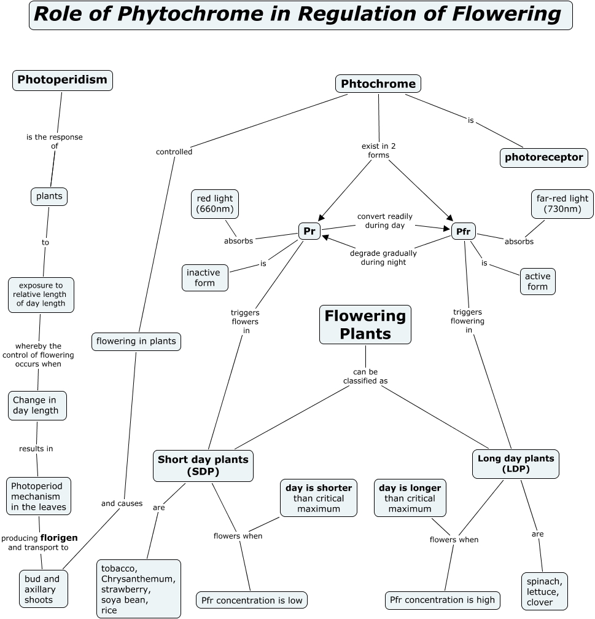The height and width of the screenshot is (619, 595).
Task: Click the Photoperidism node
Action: click(x=63, y=80)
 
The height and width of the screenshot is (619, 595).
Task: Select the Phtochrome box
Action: click(x=378, y=84)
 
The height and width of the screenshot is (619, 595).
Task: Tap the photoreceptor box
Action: click(x=544, y=157)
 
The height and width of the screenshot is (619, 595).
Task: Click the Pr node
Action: click(x=309, y=231)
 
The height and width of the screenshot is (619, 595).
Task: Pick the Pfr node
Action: click(x=464, y=232)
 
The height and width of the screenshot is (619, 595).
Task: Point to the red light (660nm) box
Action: click(x=215, y=204)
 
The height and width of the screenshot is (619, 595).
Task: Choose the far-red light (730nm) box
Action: click(x=562, y=204)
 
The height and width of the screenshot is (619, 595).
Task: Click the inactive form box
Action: click(x=204, y=278)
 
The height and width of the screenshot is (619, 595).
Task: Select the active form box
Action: click(x=537, y=282)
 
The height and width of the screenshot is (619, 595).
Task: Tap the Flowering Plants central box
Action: click(x=365, y=325)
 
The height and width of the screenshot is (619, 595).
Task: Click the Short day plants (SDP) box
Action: click(x=203, y=465)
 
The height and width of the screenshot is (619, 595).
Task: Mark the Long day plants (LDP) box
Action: click(x=516, y=463)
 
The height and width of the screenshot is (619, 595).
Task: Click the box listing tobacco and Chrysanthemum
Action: click(x=139, y=589)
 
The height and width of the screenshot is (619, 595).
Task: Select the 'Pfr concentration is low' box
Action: click(x=252, y=600)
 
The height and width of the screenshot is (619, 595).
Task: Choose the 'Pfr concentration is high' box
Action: click(x=443, y=600)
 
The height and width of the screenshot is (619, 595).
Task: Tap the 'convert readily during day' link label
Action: click(x=385, y=221)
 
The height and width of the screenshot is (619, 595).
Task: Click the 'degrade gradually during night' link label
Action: click(x=383, y=258)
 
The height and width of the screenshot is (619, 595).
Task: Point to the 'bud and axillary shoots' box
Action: click(x=42, y=589)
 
